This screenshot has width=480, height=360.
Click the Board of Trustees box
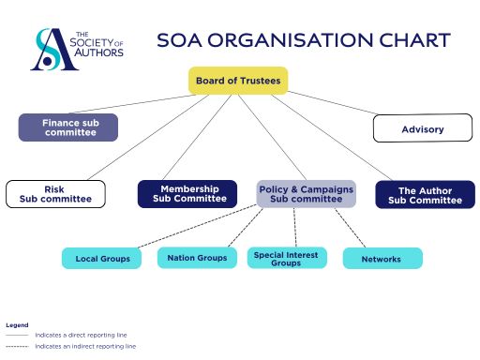point(238,81)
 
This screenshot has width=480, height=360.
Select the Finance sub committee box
point(68,127)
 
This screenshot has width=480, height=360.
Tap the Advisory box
point(422,128)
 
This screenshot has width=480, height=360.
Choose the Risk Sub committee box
point(55,194)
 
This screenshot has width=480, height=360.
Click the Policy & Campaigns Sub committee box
point(306,194)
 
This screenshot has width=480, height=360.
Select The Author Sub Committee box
point(419,195)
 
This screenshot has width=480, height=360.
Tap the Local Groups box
point(102,258)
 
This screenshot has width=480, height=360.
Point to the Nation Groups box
point(197,257)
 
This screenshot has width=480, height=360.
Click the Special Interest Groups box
point(286,258)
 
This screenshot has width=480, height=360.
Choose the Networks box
point(382,258)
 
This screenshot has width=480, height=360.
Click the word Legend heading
point(17,325)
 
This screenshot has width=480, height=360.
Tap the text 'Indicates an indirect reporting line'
point(85,346)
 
